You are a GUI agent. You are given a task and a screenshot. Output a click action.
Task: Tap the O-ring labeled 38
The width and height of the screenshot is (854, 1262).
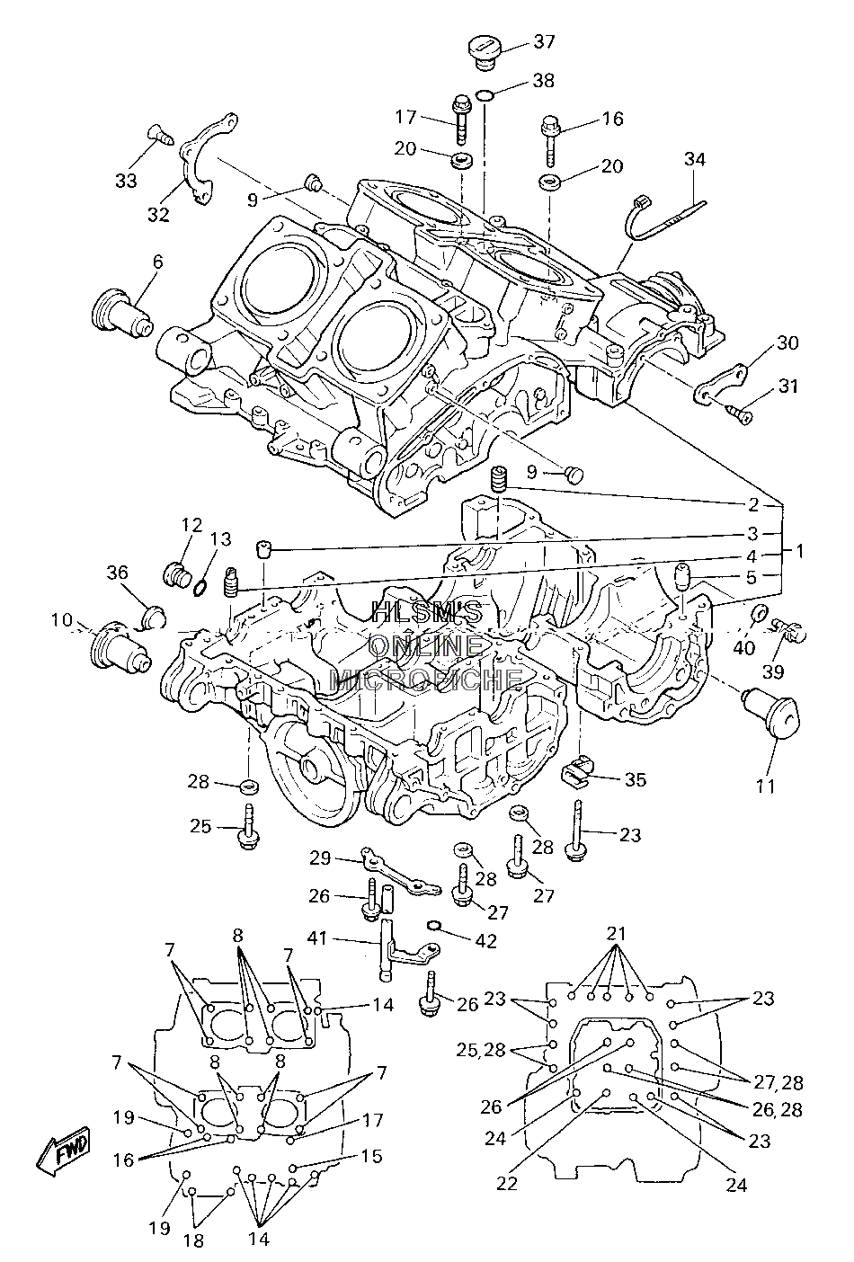click(x=485, y=95)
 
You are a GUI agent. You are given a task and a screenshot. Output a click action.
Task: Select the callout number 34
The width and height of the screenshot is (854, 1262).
click(x=694, y=159)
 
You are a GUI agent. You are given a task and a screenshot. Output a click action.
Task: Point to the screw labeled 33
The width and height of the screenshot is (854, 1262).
click(x=160, y=135)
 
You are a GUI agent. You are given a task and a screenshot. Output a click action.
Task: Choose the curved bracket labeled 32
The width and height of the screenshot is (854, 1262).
click(x=205, y=158)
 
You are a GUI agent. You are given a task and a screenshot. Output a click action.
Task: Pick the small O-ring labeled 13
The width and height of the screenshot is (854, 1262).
click(x=200, y=588)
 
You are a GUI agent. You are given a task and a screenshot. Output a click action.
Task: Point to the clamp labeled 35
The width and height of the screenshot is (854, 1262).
click(x=577, y=769)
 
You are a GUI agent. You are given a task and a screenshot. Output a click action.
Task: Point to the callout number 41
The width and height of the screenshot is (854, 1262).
click(x=317, y=938)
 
